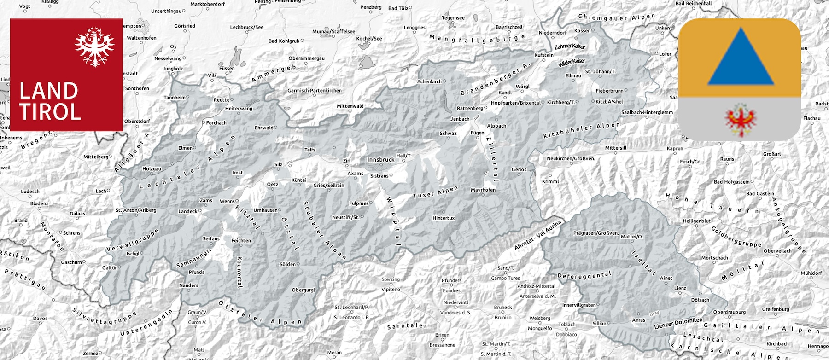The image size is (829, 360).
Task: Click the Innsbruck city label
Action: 381,160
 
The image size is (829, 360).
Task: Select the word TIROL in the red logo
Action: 50,112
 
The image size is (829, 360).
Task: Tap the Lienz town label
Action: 680,288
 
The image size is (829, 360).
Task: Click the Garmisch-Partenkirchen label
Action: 315,91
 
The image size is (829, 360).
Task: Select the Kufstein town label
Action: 544,55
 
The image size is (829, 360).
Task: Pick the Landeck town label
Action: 188,212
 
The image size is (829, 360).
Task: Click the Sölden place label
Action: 287,264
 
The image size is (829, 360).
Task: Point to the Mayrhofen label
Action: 483,190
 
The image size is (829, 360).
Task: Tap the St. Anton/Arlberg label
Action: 136,210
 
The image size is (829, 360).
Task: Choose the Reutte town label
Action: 222,100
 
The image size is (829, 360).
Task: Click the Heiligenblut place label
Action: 696,221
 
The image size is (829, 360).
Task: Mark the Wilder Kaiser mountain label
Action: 572,62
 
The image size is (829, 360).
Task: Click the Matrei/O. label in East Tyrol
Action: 631,237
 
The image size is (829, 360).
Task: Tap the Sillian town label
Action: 599,323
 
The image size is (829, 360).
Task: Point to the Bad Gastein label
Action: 760,194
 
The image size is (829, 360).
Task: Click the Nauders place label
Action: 189,285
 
